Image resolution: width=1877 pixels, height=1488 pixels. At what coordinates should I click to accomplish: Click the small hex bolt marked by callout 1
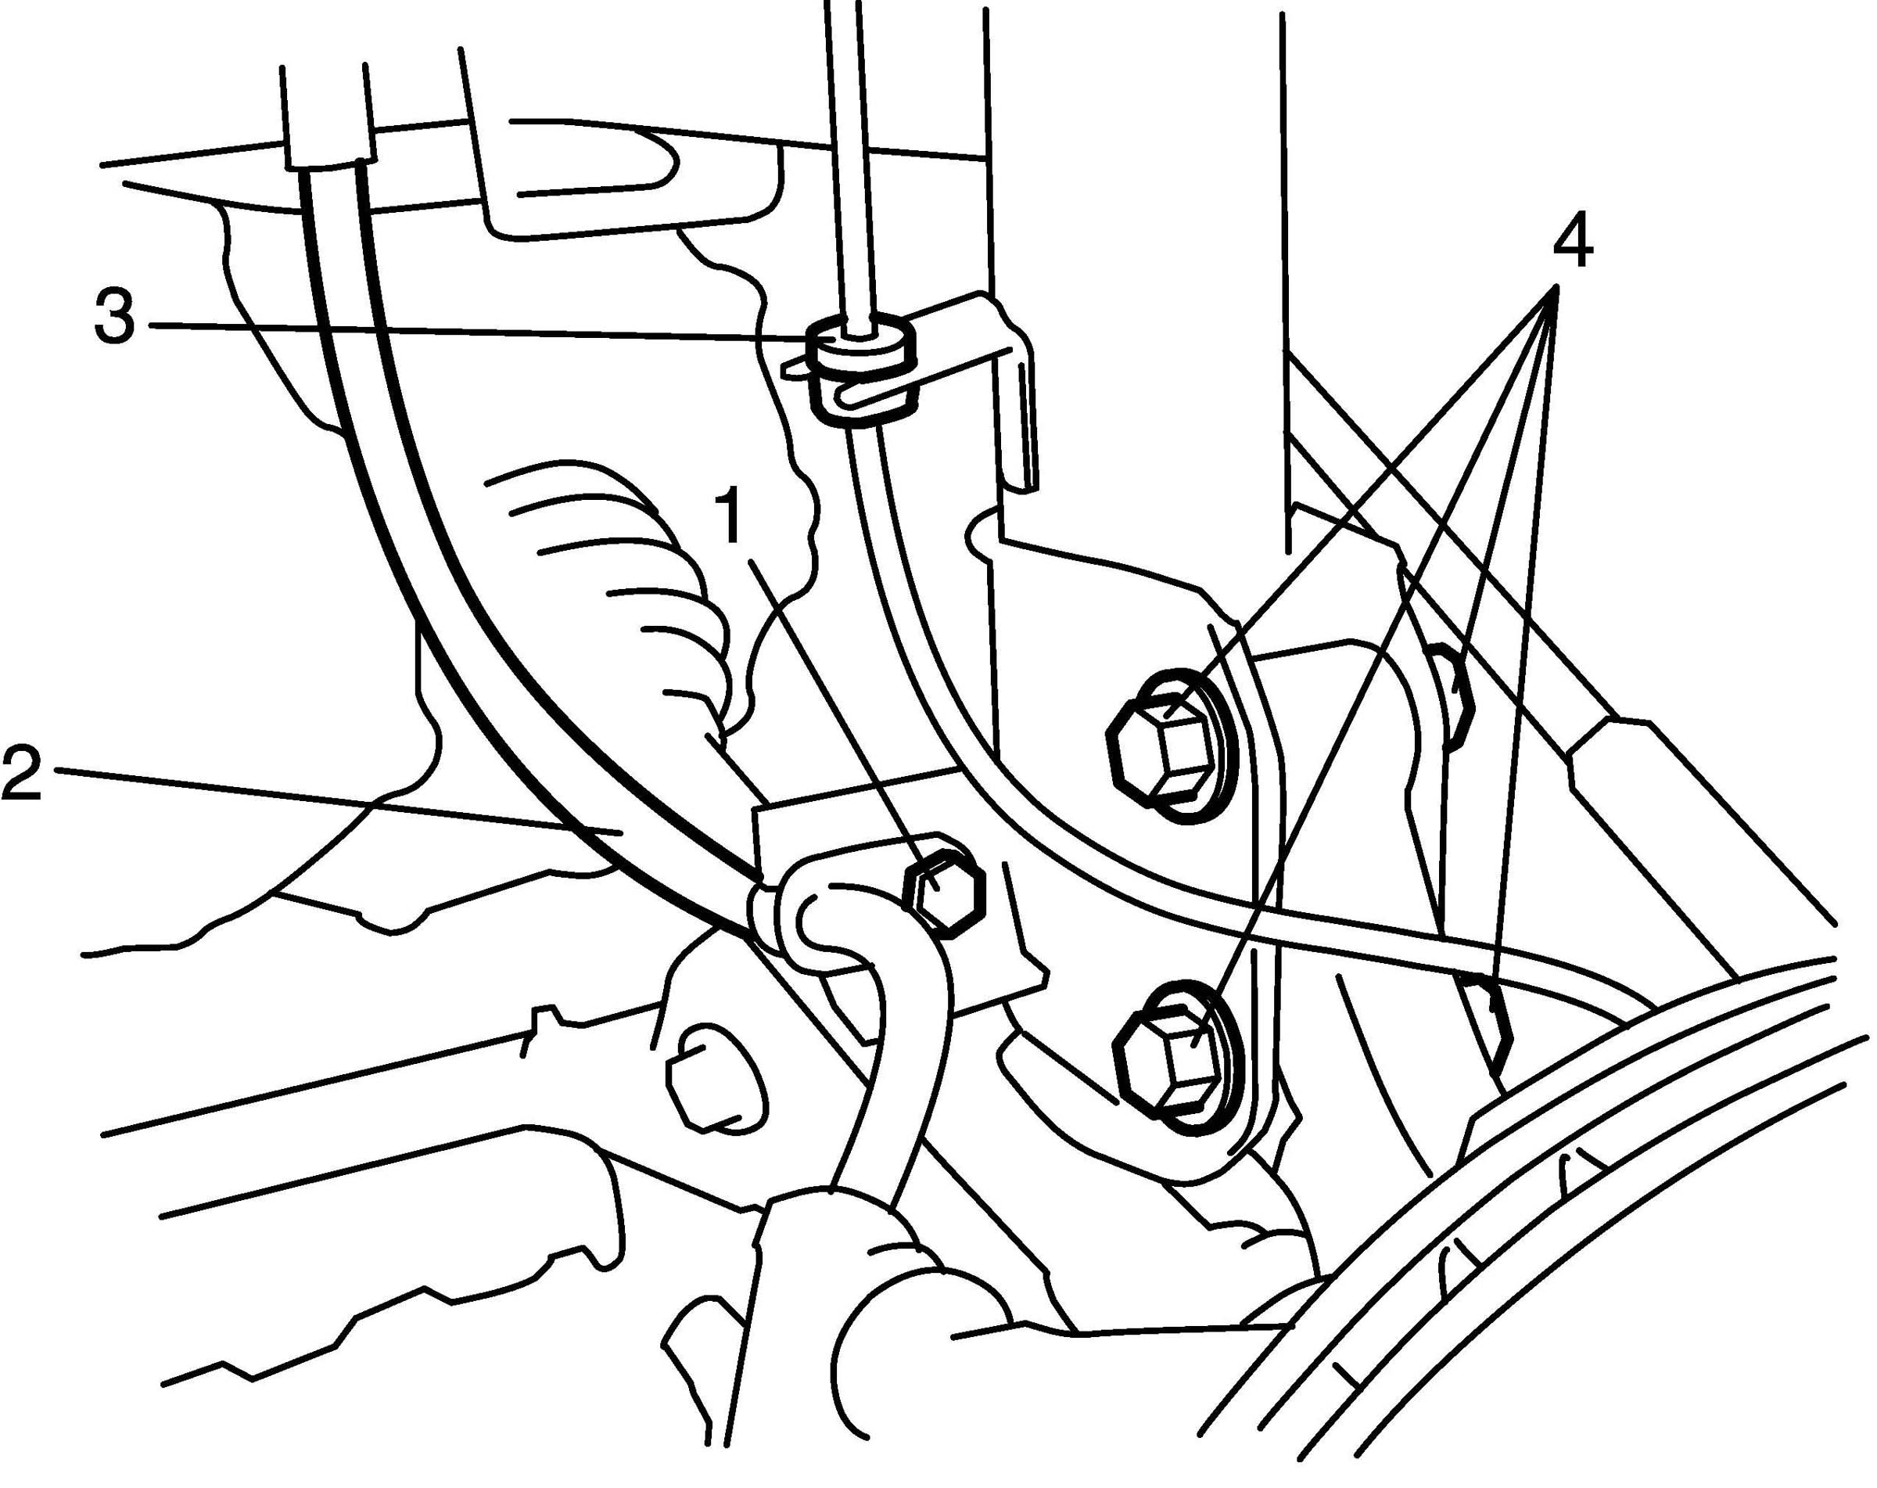point(944,894)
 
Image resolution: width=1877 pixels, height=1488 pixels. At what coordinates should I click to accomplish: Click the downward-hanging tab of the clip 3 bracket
point(1025,418)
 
